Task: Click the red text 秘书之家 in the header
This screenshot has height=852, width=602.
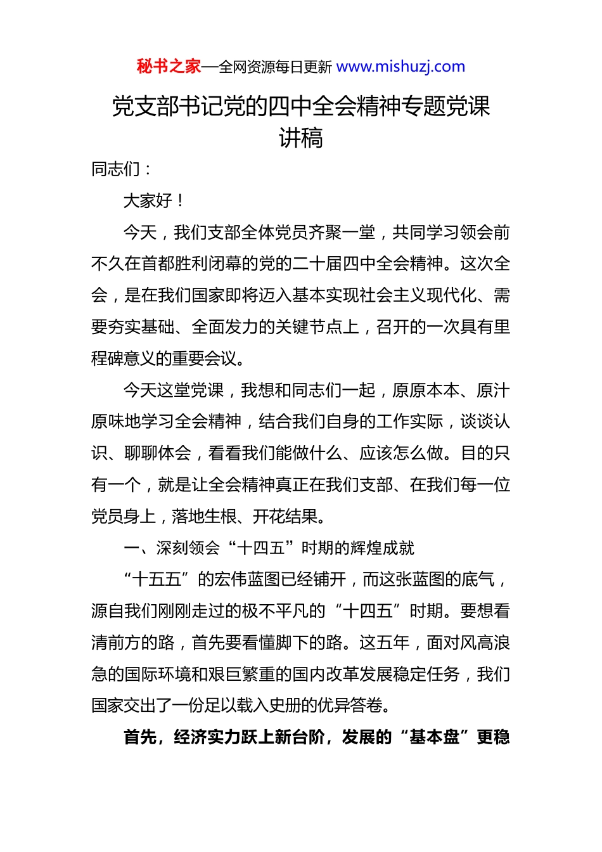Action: pos(169,67)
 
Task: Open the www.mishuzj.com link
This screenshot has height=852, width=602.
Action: pos(400,67)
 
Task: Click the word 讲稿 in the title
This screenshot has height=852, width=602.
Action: pos(301,138)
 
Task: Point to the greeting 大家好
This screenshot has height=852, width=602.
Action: pos(148,201)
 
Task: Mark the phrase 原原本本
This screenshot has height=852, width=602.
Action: pos(426,390)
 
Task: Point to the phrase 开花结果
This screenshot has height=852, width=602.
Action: pos(285,517)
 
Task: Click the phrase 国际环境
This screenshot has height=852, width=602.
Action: pos(158,674)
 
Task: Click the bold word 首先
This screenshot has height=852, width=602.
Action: pos(140,737)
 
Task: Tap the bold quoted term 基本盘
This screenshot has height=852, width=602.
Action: pos(434,737)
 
